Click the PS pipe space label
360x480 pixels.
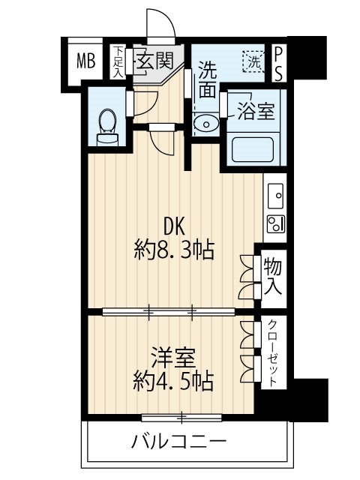coord(278,61)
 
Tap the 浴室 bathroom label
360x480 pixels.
coord(256,112)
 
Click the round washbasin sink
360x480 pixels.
coord(203,124)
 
